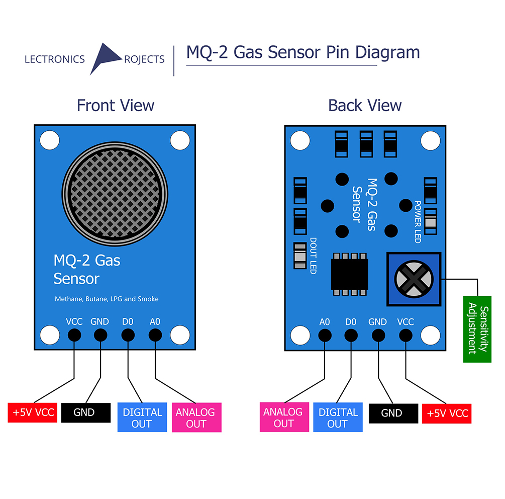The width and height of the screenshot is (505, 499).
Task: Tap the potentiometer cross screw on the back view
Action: click(x=414, y=280)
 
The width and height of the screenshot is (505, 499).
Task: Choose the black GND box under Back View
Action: click(x=392, y=413)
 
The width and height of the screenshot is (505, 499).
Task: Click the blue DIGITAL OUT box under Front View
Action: click(x=142, y=418)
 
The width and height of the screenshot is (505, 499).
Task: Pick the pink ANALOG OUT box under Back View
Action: click(x=283, y=418)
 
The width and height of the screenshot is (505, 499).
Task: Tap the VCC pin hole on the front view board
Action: click(x=74, y=335)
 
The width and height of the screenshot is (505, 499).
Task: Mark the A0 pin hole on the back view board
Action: click(x=325, y=335)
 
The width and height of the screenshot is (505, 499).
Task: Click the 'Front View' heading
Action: click(x=115, y=106)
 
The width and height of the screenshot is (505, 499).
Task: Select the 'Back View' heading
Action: click(x=365, y=106)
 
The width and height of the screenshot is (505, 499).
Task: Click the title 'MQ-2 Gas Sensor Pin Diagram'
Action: click(x=302, y=52)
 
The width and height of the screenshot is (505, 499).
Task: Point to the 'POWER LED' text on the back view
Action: click(x=417, y=221)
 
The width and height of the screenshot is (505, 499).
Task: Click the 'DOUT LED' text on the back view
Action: click(x=313, y=256)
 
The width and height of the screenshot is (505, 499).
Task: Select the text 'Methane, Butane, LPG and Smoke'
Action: click(x=107, y=299)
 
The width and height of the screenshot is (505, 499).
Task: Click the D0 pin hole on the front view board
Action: click(x=128, y=335)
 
